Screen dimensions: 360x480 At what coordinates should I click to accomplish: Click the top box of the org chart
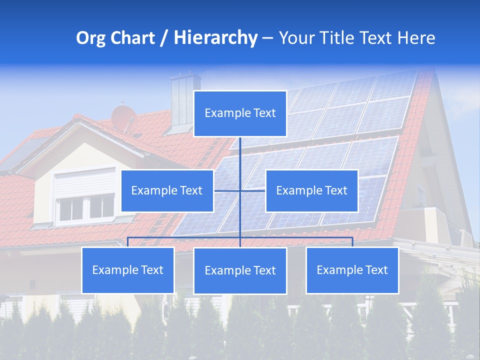(x=240, y=113)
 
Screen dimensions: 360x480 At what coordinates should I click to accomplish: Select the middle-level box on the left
(x=167, y=190)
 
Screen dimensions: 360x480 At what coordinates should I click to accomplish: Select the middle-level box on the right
(x=311, y=190)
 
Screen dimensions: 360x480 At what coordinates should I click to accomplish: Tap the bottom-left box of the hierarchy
(x=127, y=270)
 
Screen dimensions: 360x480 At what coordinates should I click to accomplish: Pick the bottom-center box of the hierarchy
(x=240, y=270)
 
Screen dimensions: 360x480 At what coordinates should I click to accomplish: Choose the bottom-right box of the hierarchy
(x=352, y=270)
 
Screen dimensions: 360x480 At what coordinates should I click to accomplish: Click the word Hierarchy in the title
(x=215, y=38)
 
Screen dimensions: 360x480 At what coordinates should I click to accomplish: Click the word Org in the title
(x=91, y=38)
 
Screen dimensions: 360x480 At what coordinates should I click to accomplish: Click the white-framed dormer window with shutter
(x=84, y=197)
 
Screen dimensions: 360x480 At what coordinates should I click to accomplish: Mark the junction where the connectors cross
(x=240, y=190)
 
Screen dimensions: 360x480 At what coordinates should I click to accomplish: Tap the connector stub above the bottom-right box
(x=352, y=242)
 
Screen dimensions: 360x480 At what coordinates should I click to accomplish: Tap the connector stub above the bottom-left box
(x=127, y=242)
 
